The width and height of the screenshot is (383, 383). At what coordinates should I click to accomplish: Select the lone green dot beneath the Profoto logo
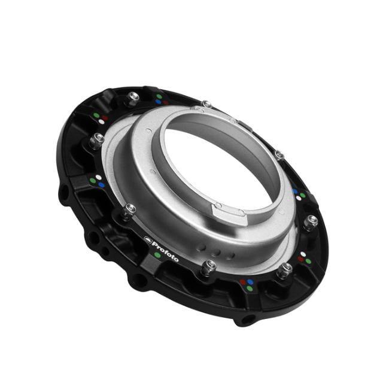(x=157, y=255)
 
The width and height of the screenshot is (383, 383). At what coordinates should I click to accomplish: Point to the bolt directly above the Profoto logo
(x=129, y=209)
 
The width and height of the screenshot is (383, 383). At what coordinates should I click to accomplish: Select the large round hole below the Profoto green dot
(x=139, y=279)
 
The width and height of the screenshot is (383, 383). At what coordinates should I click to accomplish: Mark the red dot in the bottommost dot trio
(x=244, y=281)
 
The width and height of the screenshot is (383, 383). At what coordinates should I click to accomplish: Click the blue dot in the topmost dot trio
(x=158, y=102)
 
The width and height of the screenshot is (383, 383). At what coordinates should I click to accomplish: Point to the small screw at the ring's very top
(x=207, y=105)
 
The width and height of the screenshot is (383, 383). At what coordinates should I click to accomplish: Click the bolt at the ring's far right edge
(x=310, y=222)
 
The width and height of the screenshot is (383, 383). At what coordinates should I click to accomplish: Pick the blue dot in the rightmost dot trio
(x=296, y=191)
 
